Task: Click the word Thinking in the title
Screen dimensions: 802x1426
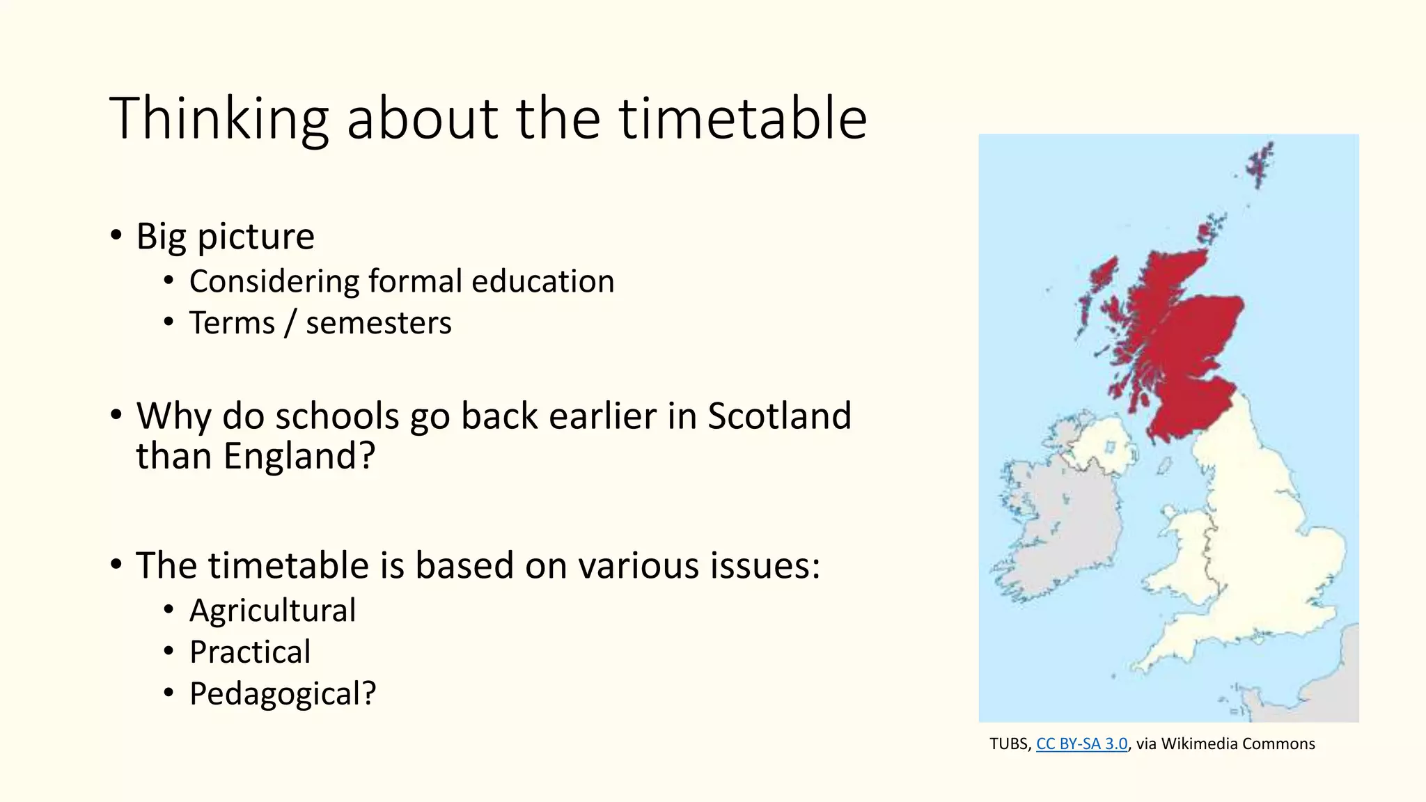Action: (x=219, y=120)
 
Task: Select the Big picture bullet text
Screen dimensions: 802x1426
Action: (x=225, y=236)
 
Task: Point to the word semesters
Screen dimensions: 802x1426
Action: (x=378, y=323)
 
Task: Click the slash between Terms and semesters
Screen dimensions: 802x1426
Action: (x=290, y=323)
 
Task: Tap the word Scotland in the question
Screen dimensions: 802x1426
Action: (x=779, y=416)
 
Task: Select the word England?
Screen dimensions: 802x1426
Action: (x=299, y=457)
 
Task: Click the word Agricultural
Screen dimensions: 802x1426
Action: (x=272, y=611)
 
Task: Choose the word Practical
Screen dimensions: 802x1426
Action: (x=250, y=652)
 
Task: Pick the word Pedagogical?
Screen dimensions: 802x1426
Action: (x=283, y=693)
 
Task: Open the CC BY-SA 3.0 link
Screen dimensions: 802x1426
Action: (x=1081, y=744)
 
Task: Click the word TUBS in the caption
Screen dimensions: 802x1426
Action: (x=1008, y=744)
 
